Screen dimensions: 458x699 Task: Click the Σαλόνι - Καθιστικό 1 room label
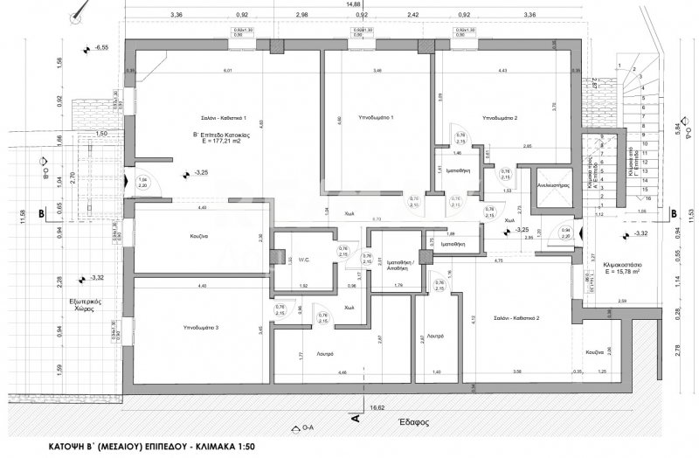coord(220,118)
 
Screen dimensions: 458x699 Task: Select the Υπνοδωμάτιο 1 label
coord(376,118)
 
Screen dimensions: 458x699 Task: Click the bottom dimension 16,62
coord(377,407)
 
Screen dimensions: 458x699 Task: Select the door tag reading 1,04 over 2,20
coord(143,183)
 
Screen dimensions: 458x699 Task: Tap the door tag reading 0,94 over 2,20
coord(565,232)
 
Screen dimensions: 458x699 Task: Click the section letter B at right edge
coord(673,212)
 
